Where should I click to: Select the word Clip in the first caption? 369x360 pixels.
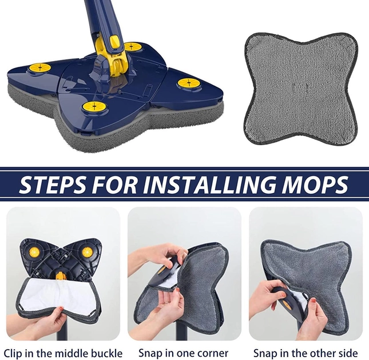tap(14, 353)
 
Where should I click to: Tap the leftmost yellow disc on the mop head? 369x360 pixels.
tap(40, 68)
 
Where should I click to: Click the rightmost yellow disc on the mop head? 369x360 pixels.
tap(189, 83)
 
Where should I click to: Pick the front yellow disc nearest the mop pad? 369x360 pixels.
tap(94, 107)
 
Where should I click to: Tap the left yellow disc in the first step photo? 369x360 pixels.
tap(33, 253)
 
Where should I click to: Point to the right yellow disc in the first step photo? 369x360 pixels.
tap(88, 253)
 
